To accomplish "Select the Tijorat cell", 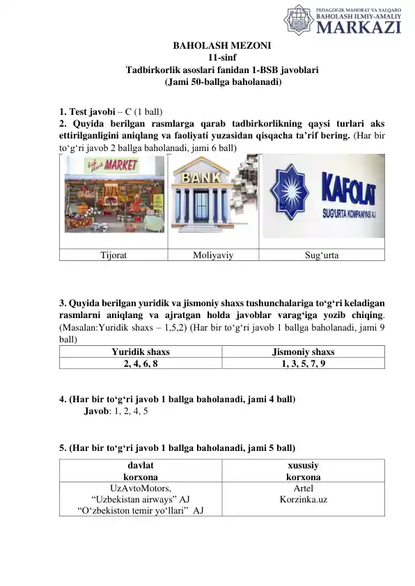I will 113,255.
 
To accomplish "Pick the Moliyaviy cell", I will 212,255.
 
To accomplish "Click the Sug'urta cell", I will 322,255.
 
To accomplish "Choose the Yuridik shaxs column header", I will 141,351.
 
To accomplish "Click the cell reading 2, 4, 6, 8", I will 141,363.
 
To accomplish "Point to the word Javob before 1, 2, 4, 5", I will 97,411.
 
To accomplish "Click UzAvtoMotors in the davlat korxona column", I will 141,488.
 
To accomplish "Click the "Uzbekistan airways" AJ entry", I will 141,499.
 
